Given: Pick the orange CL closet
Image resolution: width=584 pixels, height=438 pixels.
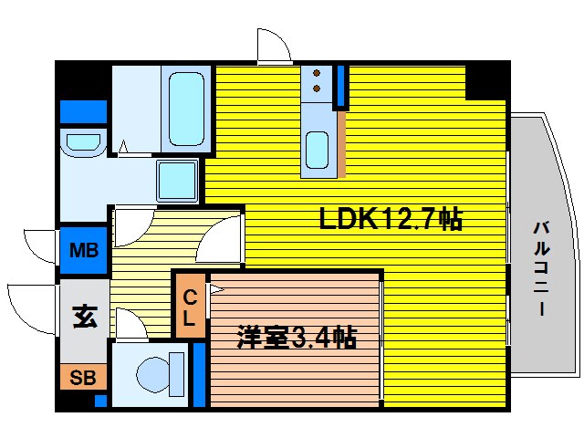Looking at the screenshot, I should (x=190, y=308).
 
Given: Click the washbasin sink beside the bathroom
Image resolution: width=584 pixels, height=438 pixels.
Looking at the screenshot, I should (x=83, y=142).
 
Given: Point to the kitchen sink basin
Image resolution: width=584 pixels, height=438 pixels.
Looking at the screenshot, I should (x=318, y=148).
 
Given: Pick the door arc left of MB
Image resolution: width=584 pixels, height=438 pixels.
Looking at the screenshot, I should (x=41, y=244).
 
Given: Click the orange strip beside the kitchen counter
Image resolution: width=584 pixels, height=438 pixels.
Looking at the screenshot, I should (x=342, y=141).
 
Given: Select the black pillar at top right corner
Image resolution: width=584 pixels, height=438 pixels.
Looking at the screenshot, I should (x=486, y=81).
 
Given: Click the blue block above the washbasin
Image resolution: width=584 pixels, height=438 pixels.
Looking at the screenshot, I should (x=83, y=111).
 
